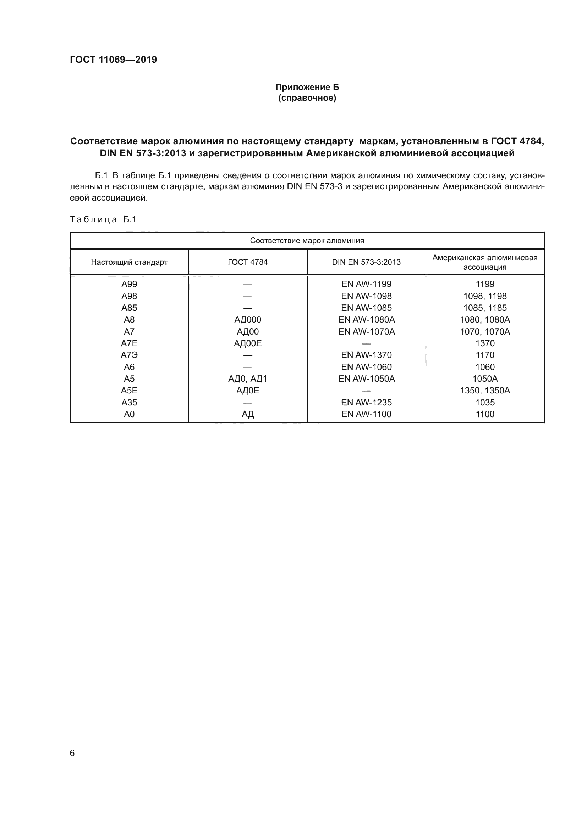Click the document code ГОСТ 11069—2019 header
(x=113, y=60)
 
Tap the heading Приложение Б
(x=307, y=87)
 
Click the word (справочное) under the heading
(x=307, y=98)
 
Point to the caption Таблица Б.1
(x=103, y=219)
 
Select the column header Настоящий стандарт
(x=129, y=262)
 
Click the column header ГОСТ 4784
(x=248, y=262)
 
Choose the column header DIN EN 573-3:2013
(x=366, y=262)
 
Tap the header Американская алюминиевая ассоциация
(x=485, y=262)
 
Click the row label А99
(x=129, y=284)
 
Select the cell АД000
(x=248, y=320)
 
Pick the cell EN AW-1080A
(x=367, y=320)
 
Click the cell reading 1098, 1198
(x=485, y=296)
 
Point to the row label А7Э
(x=129, y=355)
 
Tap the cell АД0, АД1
(x=248, y=379)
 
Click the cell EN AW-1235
(x=366, y=402)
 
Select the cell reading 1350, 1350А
(x=485, y=390)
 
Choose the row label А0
(x=129, y=414)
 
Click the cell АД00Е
(x=248, y=343)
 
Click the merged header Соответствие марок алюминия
(x=307, y=241)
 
